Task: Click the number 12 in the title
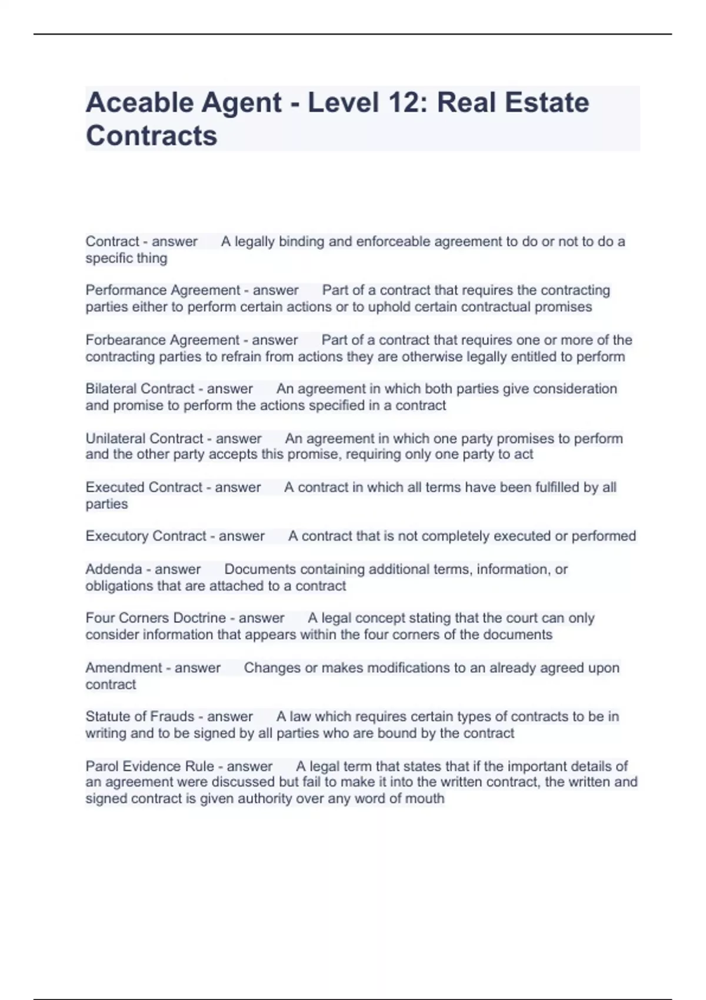(x=402, y=103)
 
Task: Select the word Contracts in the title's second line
(x=151, y=136)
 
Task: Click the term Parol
(x=102, y=766)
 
